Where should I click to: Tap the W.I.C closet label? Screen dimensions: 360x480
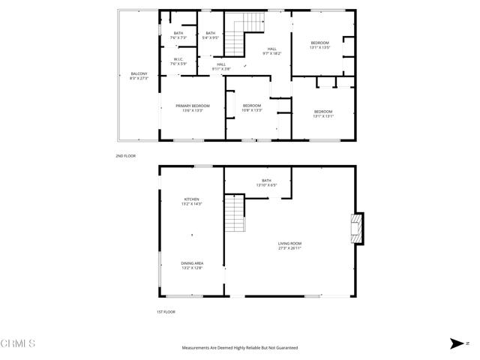pos(178,61)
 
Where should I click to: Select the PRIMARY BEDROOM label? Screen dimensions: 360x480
pos(193,108)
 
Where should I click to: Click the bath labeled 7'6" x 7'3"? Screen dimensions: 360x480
pos(178,34)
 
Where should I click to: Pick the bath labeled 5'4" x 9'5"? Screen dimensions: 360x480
pos(211,34)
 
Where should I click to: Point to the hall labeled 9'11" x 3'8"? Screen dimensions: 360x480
pos(221,66)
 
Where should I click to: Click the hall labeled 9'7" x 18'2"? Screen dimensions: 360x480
pos(271,51)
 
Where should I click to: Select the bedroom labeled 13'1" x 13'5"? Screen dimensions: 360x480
pos(320,45)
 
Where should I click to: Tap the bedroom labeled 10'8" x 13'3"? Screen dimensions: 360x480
pos(252,107)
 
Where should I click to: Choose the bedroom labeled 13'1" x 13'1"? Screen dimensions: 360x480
pos(323,114)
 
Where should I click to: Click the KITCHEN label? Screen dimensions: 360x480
pos(192,201)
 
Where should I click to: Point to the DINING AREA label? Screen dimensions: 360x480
pos(192,265)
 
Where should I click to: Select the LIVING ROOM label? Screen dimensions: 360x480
pos(289,245)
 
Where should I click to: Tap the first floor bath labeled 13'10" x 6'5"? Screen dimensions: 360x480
pos(266,182)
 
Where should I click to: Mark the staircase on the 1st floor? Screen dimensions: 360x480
pos(235,214)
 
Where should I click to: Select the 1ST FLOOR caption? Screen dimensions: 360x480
pos(165,311)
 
